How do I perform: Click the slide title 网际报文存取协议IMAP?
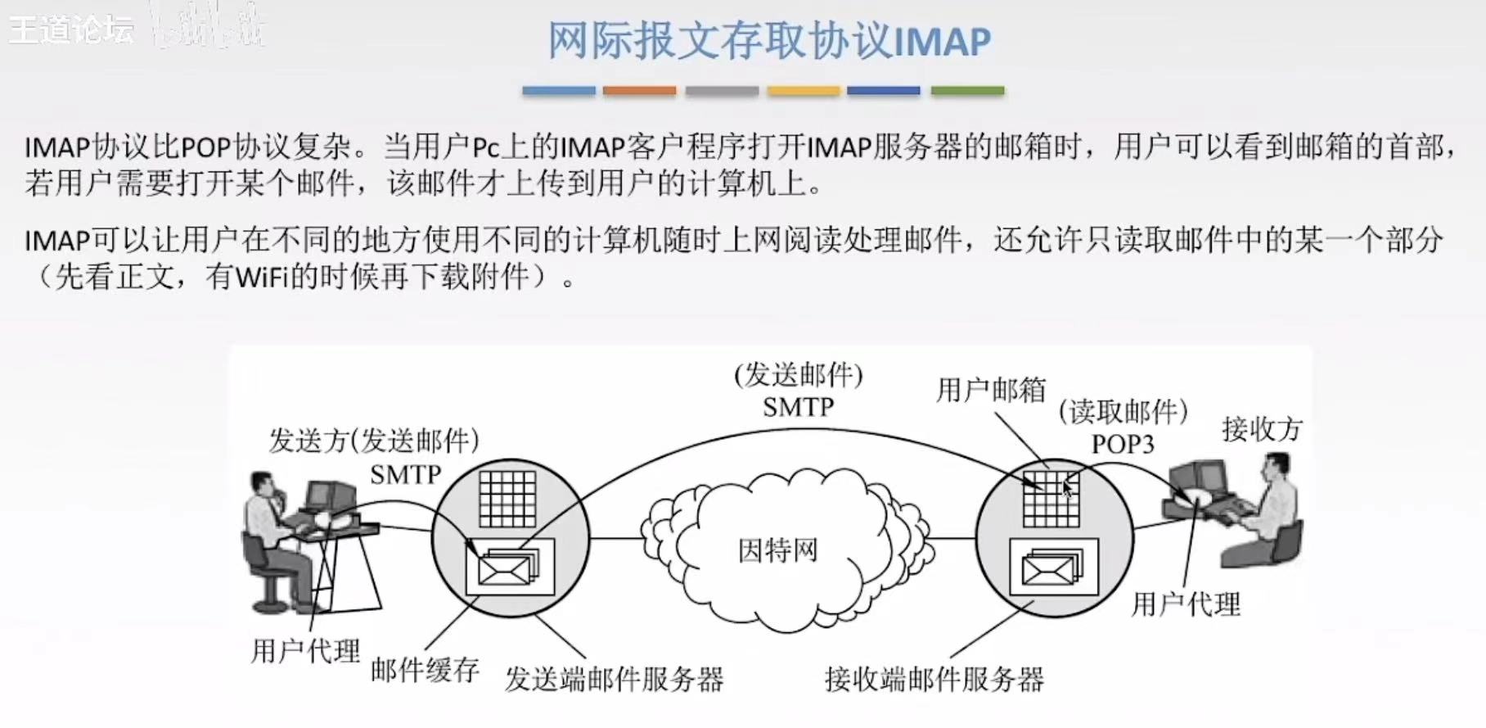(x=768, y=40)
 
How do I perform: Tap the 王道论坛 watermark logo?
(x=71, y=30)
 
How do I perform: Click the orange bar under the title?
(x=639, y=91)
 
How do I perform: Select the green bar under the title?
(x=967, y=91)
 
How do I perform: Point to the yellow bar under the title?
(x=803, y=91)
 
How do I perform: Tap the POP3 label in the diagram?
(x=1122, y=444)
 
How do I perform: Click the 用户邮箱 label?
(x=991, y=390)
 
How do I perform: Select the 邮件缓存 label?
(x=425, y=670)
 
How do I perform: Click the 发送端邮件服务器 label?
(x=614, y=679)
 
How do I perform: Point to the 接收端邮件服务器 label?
(x=934, y=679)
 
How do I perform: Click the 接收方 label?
(x=1261, y=428)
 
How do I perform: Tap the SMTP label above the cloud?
(x=798, y=407)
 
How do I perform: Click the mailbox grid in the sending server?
(x=507, y=499)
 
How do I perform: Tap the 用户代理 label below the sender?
(x=305, y=651)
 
